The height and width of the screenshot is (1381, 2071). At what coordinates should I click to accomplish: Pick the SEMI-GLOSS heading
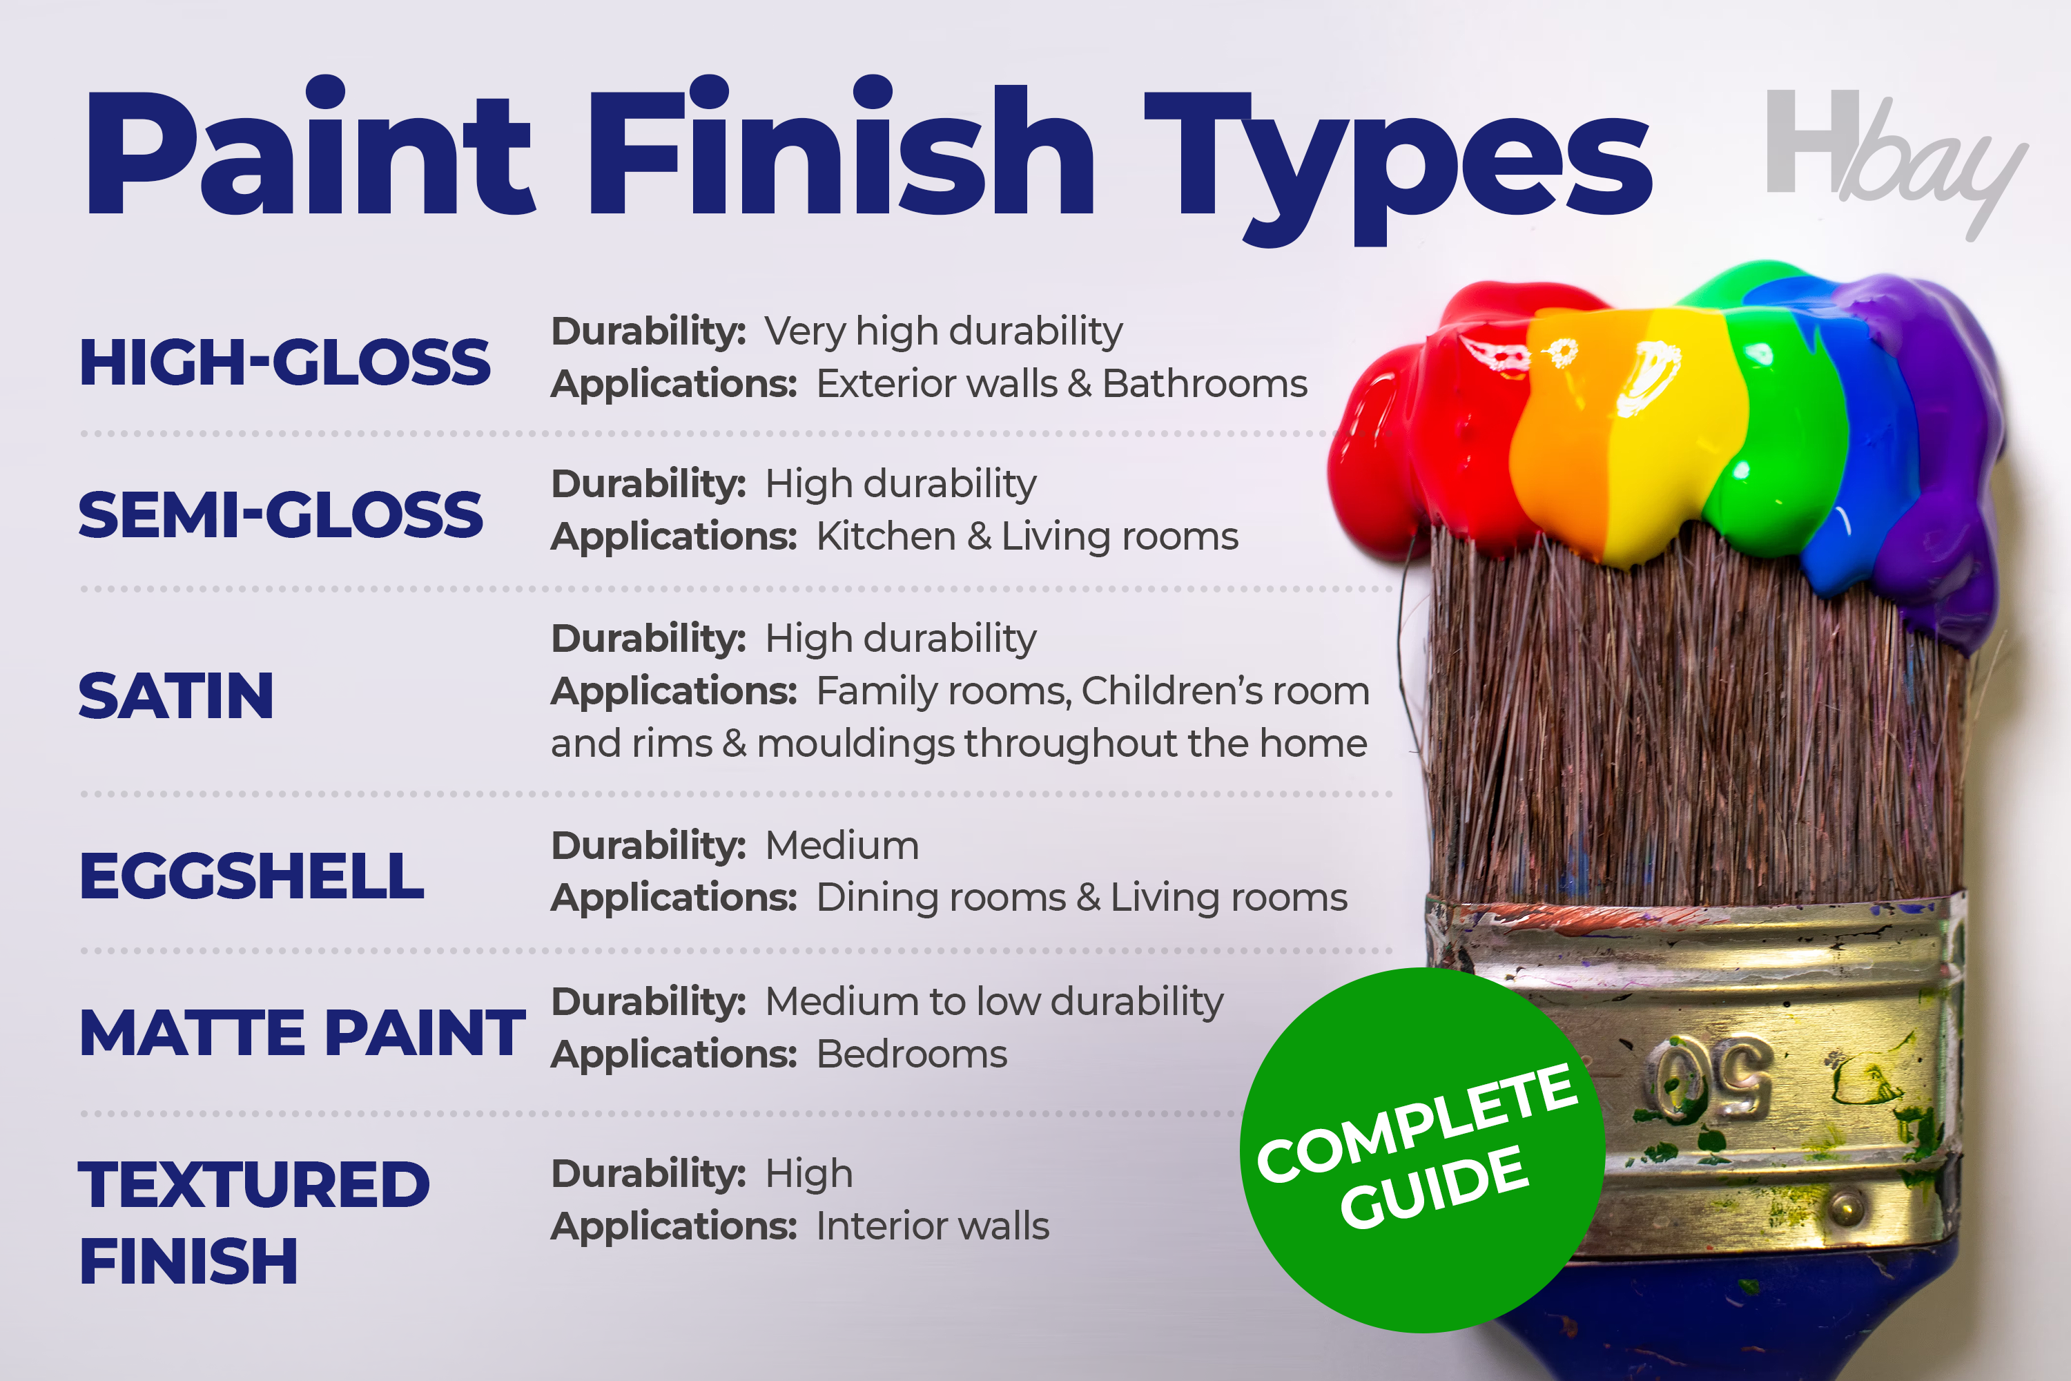(281, 515)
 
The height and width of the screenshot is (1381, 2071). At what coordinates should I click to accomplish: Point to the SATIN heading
(176, 696)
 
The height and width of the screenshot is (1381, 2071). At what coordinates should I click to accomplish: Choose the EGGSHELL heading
(252, 876)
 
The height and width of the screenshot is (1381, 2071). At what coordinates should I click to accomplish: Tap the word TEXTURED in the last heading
(255, 1185)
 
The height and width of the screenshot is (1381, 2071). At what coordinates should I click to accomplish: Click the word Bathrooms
(1205, 384)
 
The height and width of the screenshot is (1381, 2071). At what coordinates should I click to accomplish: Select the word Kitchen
(886, 537)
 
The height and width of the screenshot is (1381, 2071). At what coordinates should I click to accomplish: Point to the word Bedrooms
(912, 1054)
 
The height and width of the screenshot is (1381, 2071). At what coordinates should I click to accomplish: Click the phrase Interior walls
(933, 1226)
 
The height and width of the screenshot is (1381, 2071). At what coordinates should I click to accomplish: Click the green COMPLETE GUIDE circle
(1422, 1150)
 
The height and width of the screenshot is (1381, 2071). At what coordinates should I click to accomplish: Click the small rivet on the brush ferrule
(1847, 1205)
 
